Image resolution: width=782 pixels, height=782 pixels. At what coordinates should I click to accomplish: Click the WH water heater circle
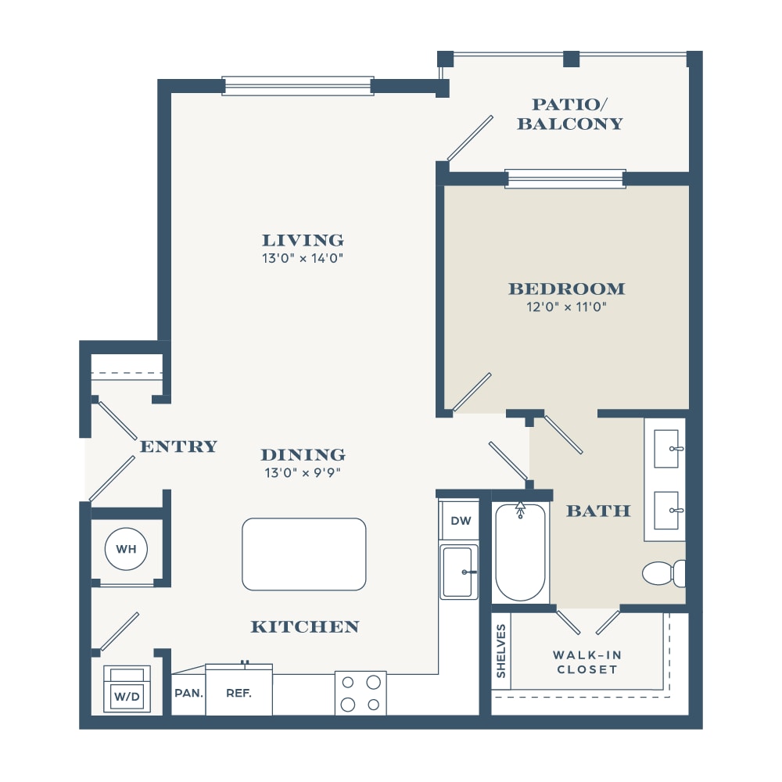point(126,549)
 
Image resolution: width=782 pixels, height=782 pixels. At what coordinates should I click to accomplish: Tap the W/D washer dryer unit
point(127,689)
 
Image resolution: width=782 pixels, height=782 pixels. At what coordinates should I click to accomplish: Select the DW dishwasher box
point(461,521)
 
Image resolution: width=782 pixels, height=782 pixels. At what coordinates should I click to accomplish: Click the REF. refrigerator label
point(239,693)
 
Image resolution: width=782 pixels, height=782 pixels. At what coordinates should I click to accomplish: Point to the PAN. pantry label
point(188,693)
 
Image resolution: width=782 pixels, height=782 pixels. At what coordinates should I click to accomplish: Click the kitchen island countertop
point(303,554)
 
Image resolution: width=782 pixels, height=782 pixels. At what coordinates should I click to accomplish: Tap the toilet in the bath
point(664,573)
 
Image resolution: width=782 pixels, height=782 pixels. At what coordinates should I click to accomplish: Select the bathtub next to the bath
point(520,553)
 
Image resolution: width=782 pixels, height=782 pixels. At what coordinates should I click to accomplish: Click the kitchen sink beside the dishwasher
point(458,572)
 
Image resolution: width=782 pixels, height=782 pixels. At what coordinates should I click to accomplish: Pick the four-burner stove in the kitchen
point(361,693)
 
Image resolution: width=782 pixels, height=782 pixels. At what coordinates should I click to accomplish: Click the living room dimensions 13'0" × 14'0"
point(303,258)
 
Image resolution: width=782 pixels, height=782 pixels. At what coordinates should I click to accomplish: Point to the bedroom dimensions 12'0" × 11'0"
point(566,307)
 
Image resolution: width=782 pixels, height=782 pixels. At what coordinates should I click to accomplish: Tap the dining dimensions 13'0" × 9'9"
point(303,472)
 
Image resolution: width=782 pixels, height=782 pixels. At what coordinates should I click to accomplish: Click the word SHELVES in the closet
point(500,651)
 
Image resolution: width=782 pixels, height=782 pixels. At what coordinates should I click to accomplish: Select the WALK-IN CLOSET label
point(587,662)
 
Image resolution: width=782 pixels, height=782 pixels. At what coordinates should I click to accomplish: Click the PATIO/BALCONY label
point(570,114)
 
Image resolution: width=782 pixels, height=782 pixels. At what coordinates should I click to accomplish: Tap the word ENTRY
point(178,447)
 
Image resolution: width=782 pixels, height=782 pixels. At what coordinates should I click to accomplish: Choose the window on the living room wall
point(298,86)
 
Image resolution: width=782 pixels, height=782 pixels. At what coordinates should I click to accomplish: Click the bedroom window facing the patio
point(565,178)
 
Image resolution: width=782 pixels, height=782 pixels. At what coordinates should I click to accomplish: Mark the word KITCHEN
point(305,627)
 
